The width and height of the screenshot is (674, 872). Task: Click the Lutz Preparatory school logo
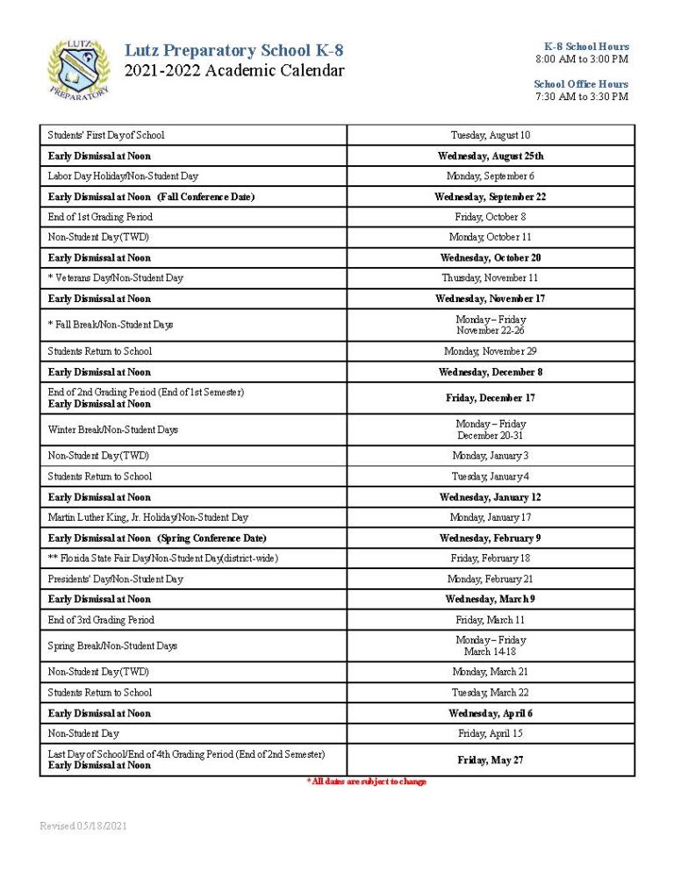tap(78, 68)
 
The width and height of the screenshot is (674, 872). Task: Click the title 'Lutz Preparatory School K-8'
tap(234, 51)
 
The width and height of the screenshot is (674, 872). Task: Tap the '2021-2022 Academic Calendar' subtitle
tap(234, 71)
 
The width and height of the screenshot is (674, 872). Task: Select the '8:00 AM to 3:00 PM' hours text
tap(582, 59)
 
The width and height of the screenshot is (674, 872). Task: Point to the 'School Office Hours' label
tap(581, 84)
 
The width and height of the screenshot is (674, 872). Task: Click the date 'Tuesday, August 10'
tap(491, 135)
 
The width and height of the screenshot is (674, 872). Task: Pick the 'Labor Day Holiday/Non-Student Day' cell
tap(123, 176)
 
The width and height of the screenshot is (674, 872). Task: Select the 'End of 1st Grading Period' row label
tap(100, 217)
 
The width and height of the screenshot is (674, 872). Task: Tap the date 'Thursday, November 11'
tap(491, 278)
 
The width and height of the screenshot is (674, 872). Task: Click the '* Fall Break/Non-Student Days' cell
tap(111, 325)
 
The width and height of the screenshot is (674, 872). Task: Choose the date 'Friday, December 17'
tap(491, 398)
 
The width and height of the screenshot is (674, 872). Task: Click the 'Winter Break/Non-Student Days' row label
tap(113, 429)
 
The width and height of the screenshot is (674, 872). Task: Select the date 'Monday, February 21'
tap(491, 579)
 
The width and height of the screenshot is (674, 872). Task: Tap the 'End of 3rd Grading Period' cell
tap(101, 620)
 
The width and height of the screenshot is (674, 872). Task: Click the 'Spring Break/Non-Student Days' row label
tap(112, 645)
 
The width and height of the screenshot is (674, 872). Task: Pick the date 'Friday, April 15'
tap(491, 733)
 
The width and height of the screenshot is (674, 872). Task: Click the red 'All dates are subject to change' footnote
tap(367, 782)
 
